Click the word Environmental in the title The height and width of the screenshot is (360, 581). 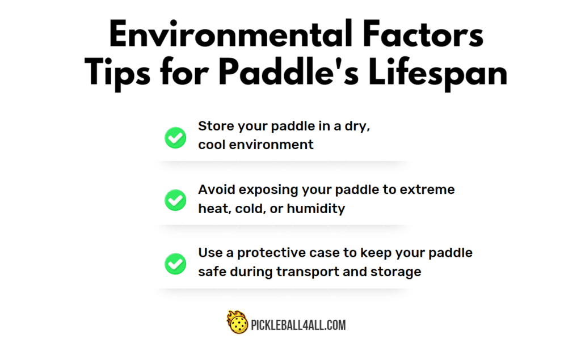(x=230, y=34)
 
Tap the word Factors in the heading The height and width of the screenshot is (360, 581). (x=423, y=34)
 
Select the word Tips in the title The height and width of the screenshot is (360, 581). (x=117, y=73)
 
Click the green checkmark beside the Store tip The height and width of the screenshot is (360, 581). (x=175, y=138)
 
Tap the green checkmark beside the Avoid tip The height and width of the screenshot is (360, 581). (x=175, y=200)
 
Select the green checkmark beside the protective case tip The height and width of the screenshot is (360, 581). (x=175, y=264)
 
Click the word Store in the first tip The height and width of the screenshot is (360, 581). (x=216, y=126)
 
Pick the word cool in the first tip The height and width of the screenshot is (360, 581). (x=212, y=145)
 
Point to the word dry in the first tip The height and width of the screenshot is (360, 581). (x=357, y=127)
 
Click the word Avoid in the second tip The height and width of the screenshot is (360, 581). (x=217, y=189)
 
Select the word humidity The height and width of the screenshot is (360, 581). (x=315, y=209)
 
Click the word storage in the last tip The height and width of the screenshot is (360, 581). (x=395, y=272)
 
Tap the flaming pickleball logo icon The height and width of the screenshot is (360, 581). (x=237, y=322)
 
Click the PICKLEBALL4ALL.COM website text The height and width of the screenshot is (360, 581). (x=298, y=325)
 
